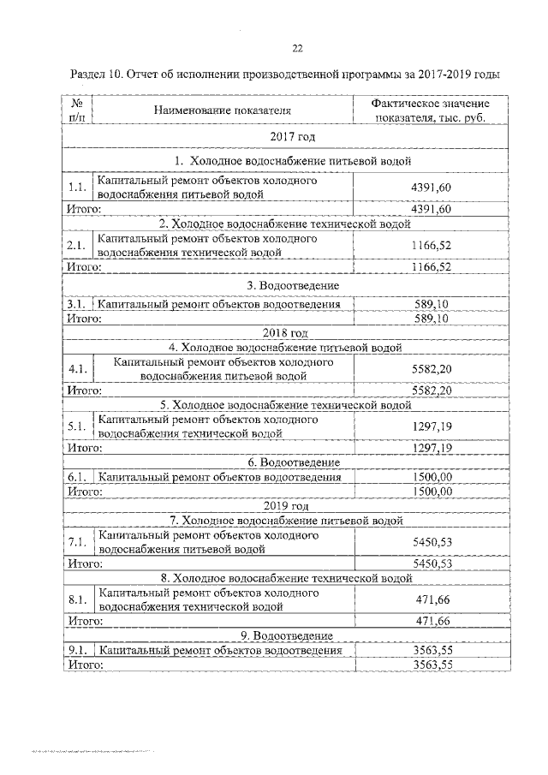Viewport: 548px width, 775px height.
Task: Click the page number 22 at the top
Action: tap(298, 48)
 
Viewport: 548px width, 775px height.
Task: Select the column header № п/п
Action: tap(76, 110)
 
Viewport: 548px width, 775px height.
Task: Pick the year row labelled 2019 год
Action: tap(286, 505)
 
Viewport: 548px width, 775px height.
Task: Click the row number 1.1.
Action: tap(77, 188)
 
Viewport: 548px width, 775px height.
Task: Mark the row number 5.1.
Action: tap(77, 426)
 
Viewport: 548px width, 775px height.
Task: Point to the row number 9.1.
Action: tap(77, 650)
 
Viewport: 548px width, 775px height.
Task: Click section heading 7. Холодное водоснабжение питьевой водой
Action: tap(286, 520)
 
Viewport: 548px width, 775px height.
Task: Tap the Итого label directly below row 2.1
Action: tap(85, 266)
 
